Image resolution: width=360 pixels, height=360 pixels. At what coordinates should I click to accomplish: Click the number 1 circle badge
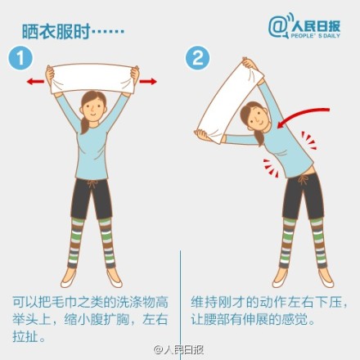[x=20, y=58]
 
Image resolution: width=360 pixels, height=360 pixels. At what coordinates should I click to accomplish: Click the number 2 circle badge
[x=198, y=58]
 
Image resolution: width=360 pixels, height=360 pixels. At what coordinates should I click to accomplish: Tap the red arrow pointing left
[x=35, y=81]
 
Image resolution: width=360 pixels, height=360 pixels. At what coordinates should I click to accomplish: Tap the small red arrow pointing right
[x=148, y=81]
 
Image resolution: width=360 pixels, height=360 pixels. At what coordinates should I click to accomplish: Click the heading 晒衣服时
[x=56, y=32]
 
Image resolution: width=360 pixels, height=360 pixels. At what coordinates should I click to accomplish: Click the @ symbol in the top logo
[x=278, y=26]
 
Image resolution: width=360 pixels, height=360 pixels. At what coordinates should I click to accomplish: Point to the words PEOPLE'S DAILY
[x=316, y=35]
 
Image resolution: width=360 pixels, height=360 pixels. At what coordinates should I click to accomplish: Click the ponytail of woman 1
[x=84, y=125]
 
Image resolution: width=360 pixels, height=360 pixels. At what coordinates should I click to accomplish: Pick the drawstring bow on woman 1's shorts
[x=92, y=183]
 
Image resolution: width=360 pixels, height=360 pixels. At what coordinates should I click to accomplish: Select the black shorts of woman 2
[x=303, y=196]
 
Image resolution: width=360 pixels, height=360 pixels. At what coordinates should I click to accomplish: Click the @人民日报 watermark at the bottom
[x=178, y=349]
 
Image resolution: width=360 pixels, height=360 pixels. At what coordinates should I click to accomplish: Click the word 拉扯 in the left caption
[x=25, y=336]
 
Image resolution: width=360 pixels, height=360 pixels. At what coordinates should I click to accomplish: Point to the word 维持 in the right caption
[x=204, y=302]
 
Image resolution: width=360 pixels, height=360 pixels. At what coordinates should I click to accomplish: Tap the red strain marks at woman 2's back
[x=309, y=141]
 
